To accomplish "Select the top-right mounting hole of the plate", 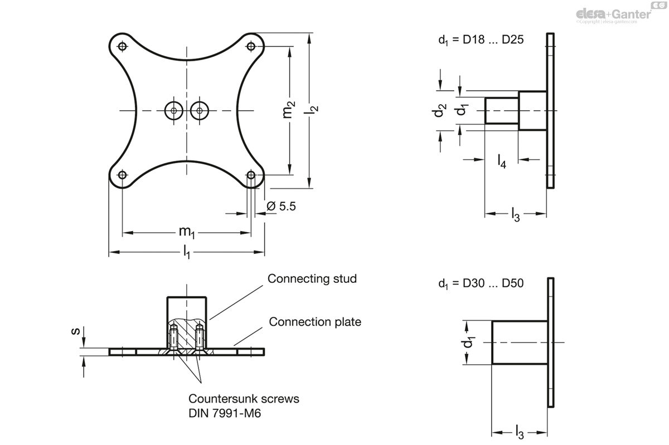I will (251, 46).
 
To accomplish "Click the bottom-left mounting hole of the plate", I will (122, 175).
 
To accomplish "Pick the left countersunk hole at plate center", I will (174, 111).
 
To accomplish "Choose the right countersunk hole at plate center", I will (200, 111).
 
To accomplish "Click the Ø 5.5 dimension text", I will (281, 207).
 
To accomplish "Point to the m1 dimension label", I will (186, 232).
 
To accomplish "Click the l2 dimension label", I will (313, 110).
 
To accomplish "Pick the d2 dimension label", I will (440, 110).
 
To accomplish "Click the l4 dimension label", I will (502, 162).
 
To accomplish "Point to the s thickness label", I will (74, 332).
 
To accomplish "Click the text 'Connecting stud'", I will (312, 278).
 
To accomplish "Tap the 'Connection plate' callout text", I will (315, 322).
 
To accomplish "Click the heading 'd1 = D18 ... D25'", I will (481, 40).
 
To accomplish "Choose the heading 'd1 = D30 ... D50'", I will (481, 283).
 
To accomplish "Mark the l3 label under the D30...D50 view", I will (519, 432).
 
